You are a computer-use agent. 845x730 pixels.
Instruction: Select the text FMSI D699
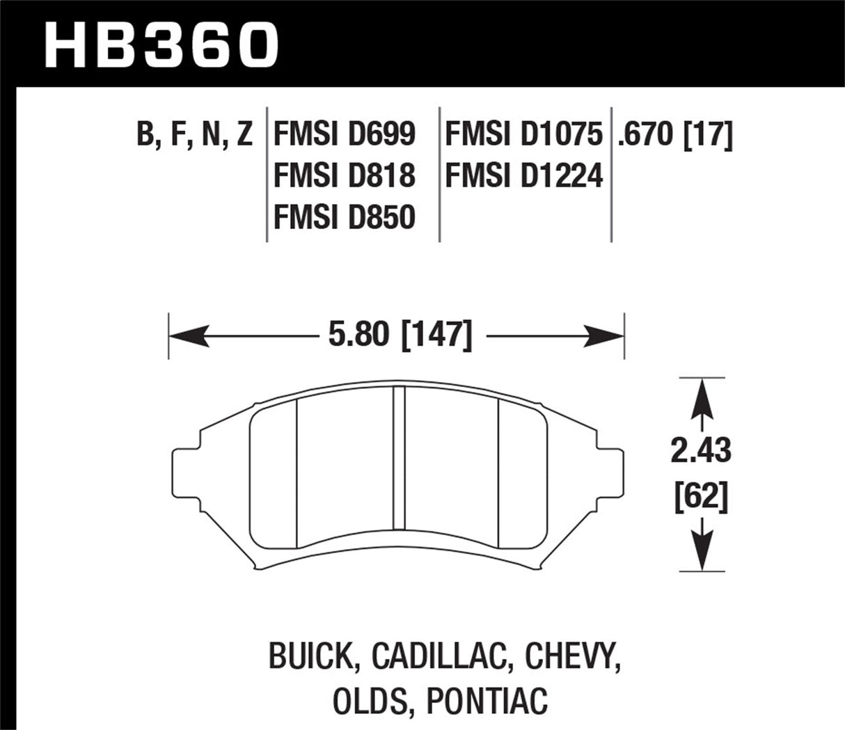pyautogui.click(x=345, y=134)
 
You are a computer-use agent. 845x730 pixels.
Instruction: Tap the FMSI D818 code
pyautogui.click(x=345, y=175)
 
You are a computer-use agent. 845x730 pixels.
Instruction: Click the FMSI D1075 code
pyautogui.click(x=523, y=134)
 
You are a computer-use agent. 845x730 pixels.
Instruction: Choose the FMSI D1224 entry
pyautogui.click(x=523, y=175)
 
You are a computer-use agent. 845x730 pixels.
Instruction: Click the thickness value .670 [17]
pyautogui.click(x=674, y=134)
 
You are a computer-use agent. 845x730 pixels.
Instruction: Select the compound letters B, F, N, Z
pyautogui.click(x=195, y=134)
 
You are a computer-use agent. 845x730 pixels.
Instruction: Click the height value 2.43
pyautogui.click(x=701, y=452)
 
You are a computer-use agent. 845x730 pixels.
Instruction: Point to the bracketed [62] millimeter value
pyautogui.click(x=701, y=498)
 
